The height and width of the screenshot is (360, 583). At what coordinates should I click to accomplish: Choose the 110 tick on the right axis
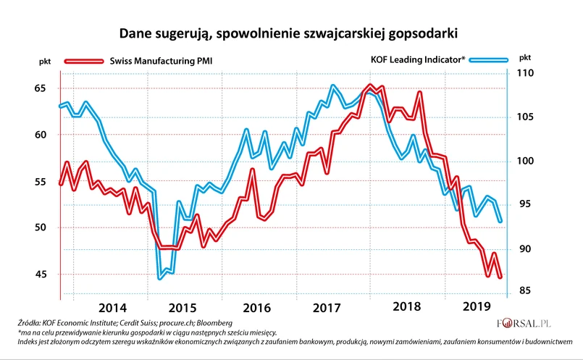524,74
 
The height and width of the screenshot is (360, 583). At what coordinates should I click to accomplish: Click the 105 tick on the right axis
524,117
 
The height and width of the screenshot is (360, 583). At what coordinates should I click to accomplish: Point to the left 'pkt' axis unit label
44,62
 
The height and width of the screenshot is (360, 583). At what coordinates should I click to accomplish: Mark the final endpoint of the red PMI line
500,277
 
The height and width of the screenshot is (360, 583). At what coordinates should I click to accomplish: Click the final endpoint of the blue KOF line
500,222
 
